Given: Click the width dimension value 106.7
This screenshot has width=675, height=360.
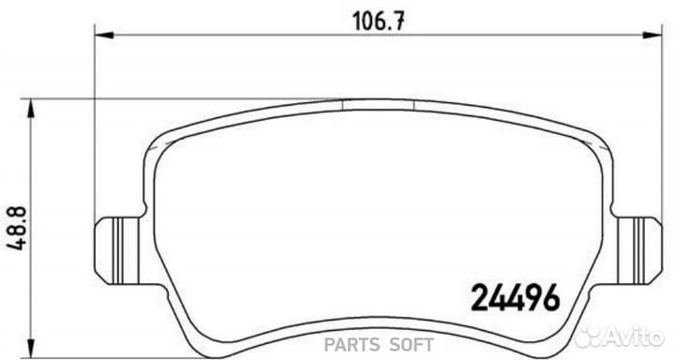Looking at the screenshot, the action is (x=379, y=22).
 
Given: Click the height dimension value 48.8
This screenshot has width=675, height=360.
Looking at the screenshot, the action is (x=18, y=228).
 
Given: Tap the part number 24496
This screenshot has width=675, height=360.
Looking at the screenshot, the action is (x=516, y=297).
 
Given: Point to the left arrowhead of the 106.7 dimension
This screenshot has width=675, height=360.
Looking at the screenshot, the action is (x=104, y=35).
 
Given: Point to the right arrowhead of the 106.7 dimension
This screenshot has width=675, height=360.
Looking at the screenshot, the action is (x=652, y=35).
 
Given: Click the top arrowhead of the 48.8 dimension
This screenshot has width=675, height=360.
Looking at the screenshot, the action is (x=31, y=108).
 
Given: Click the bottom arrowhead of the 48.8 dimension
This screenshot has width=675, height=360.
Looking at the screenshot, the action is (x=31, y=348).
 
